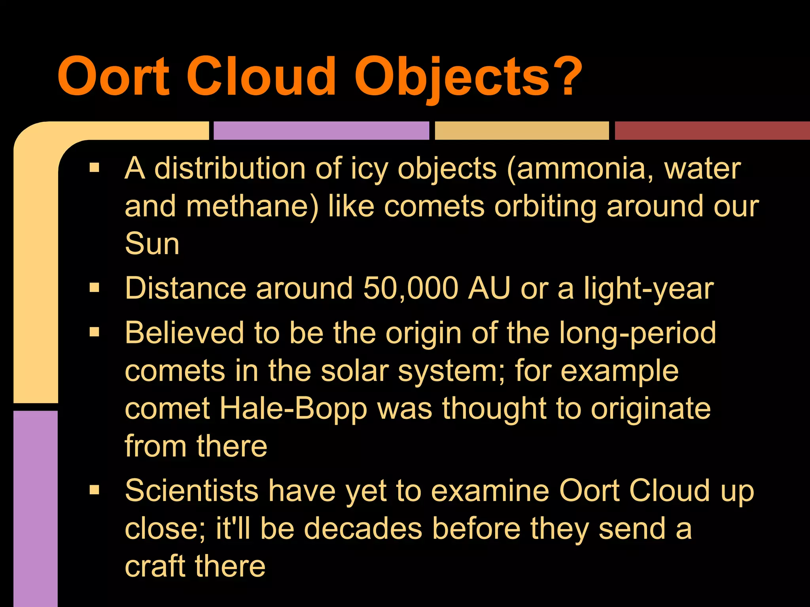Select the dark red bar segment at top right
(x=712, y=131)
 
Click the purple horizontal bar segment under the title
(x=321, y=131)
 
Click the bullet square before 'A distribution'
(x=95, y=168)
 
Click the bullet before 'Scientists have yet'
(x=95, y=490)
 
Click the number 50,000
(x=411, y=288)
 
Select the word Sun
(x=152, y=244)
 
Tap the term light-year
(x=649, y=289)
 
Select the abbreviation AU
(x=489, y=288)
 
